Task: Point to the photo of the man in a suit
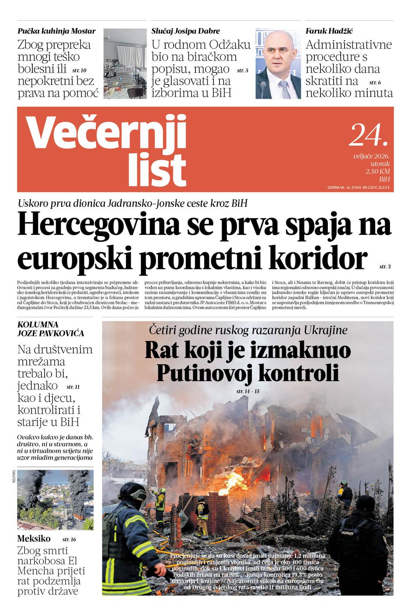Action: point(278,64)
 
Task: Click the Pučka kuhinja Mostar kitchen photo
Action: point(125,64)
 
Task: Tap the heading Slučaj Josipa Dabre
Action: point(185,31)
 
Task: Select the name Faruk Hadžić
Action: point(329,31)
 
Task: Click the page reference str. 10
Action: point(79,70)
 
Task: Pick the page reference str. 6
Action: point(375,82)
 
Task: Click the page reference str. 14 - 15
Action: point(247,391)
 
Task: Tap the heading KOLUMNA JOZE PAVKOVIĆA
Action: point(51,329)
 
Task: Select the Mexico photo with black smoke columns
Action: point(55,500)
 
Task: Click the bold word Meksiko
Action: point(34,538)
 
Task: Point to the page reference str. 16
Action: point(69,539)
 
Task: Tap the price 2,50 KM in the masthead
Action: point(378,171)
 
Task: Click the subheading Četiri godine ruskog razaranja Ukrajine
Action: point(248,330)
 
